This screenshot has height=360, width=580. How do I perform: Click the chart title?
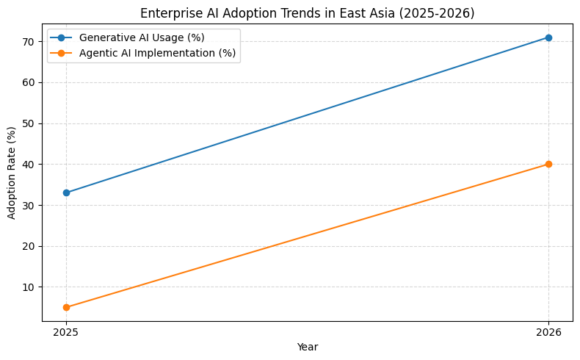click(x=307, y=13)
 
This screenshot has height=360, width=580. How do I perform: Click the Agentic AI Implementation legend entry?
click(x=157, y=53)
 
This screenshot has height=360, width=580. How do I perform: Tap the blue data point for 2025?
click(x=66, y=192)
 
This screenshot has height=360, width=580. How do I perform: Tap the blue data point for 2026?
click(x=548, y=37)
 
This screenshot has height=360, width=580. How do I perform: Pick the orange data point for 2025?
click(x=66, y=307)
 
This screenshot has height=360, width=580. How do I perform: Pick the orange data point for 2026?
click(x=548, y=164)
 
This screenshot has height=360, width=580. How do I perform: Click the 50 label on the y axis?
click(x=32, y=123)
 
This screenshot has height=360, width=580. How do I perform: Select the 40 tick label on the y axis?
click(x=32, y=165)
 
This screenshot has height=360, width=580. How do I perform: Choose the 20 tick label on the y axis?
click(x=32, y=246)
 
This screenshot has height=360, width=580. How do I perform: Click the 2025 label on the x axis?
click(x=66, y=332)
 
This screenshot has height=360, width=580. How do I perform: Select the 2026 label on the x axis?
click(x=548, y=332)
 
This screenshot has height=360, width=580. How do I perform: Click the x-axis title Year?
click(x=307, y=347)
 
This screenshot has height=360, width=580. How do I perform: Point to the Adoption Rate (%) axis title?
click(x=11, y=173)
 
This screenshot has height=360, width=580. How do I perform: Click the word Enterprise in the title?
click(x=166, y=13)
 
